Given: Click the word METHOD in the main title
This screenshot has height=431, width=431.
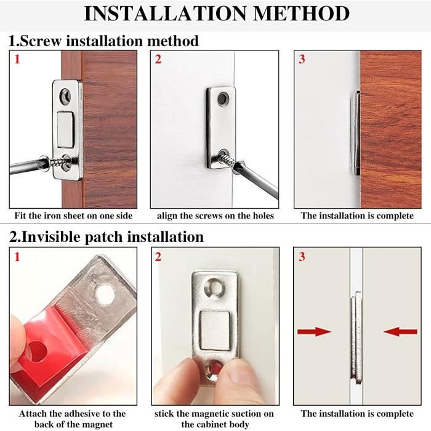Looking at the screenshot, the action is click(x=301, y=13).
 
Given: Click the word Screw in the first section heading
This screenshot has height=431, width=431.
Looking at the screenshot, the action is click(x=41, y=41).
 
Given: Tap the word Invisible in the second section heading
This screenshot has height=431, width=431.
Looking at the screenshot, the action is click(x=51, y=236).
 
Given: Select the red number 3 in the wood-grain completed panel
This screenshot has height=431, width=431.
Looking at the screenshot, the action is click(x=302, y=59).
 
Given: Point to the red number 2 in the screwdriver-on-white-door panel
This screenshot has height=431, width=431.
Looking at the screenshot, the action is click(x=158, y=59).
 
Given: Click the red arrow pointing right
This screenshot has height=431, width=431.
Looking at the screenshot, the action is click(x=314, y=331).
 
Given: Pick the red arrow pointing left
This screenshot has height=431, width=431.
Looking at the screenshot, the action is click(x=400, y=331).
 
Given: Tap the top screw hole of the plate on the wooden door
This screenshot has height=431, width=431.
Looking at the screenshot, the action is click(x=65, y=96).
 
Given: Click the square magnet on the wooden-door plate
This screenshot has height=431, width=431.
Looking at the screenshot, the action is click(x=66, y=130).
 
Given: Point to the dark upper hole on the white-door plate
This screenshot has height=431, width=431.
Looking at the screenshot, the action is click(x=223, y=99).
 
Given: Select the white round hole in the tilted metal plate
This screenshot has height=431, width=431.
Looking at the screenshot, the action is click(x=105, y=294).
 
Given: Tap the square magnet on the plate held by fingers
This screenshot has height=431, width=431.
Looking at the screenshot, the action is click(x=215, y=331).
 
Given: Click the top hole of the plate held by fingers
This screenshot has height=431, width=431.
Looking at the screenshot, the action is click(x=215, y=288).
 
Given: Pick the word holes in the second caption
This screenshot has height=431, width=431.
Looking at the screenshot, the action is click(x=262, y=216).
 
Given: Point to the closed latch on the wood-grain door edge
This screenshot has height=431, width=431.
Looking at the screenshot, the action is click(x=355, y=133).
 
